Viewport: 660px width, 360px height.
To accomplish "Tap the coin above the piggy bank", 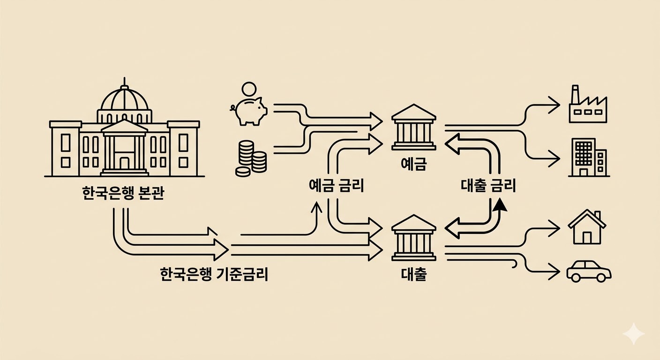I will click(x=249, y=89).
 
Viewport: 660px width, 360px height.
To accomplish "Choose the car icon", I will click(x=589, y=271).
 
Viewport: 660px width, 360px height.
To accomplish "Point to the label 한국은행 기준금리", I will click(x=214, y=274).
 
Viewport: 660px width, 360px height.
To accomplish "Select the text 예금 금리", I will click(x=337, y=186).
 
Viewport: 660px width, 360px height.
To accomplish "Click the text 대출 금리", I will click(x=488, y=186).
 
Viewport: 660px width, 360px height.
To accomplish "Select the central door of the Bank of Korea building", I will click(x=124, y=162).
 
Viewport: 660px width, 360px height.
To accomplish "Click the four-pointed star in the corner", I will click(x=633, y=333).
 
